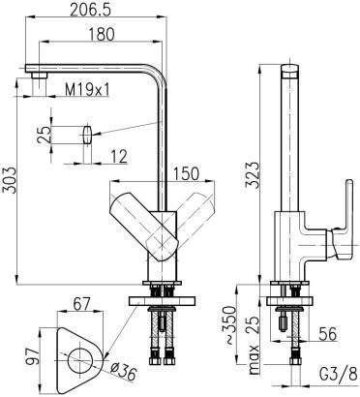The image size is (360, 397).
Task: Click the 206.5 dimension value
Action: tap(90, 10)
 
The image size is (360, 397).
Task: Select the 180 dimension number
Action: tap(101, 34)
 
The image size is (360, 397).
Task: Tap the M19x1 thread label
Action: tap(87, 90)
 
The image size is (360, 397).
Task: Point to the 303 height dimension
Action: tap(11, 180)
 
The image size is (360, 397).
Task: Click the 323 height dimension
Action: tap(253, 174)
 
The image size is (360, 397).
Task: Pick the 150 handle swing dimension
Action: tap(186, 173)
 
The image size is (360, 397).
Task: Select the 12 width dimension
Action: tap(119, 157)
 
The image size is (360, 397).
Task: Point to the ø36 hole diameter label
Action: tap(123, 373)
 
